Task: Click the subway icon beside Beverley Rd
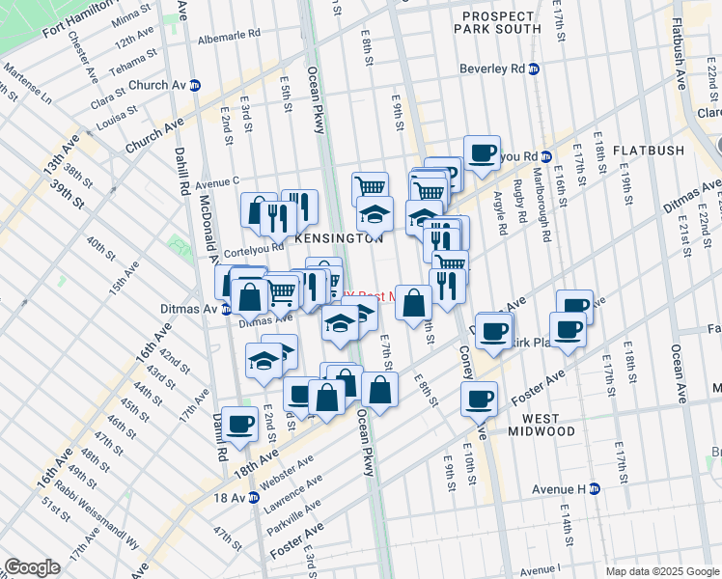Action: tap(533, 69)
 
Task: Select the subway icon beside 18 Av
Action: tap(254, 498)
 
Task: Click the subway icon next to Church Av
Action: tap(195, 84)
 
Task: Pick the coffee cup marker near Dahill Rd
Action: tap(239, 422)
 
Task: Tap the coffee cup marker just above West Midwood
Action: tap(479, 397)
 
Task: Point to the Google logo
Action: tap(32, 567)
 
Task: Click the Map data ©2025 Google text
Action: tap(661, 571)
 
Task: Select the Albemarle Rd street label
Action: tap(229, 32)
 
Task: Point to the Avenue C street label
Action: tap(216, 181)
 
